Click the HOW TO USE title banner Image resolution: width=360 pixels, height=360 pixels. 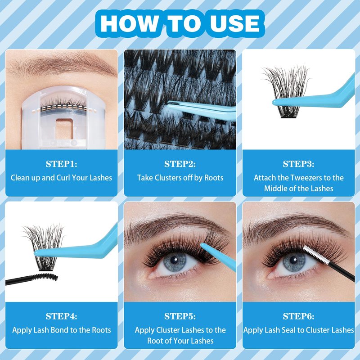[x=180, y=24]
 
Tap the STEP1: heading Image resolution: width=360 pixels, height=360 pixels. [x=61, y=164]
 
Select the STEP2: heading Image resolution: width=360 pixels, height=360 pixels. [x=180, y=164]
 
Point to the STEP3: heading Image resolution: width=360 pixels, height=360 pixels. [x=298, y=164]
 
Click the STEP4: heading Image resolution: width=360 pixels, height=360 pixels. [x=61, y=316]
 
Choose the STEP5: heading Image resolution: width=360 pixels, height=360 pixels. [x=180, y=316]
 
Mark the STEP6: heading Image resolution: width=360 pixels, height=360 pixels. [x=298, y=316]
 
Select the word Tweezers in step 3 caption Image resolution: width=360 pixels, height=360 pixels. [x=304, y=178]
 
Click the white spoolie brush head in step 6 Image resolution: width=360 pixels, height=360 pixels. [x=315, y=255]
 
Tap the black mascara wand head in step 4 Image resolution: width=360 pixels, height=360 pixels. [x=45, y=277]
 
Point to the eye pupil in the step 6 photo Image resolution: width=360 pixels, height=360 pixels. [x=293, y=260]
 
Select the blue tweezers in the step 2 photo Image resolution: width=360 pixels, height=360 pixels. [x=202, y=110]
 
